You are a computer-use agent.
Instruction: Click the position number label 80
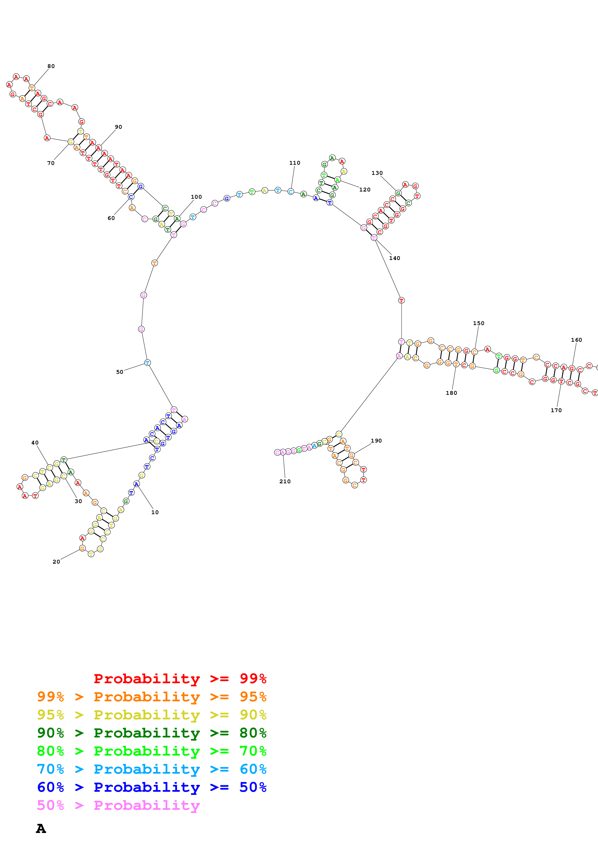pyautogui.click(x=51, y=66)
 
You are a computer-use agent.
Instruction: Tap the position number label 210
pyautogui.click(x=285, y=481)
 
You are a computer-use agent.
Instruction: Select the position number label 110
pyautogui.click(x=294, y=163)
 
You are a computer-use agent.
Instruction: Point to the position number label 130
pyautogui.click(x=377, y=173)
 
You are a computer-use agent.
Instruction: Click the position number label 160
pyautogui.click(x=576, y=340)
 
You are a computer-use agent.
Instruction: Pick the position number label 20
pyautogui.click(x=56, y=561)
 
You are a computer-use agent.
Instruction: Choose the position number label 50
pyautogui.click(x=120, y=372)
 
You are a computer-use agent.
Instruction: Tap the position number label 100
pyautogui.click(x=196, y=197)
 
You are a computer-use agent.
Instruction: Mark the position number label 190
pyautogui.click(x=376, y=441)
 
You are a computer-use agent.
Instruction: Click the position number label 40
pyautogui.click(x=35, y=443)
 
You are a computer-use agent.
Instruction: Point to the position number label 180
pyautogui.click(x=451, y=393)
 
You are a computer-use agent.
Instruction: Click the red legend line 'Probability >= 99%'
pyautogui.click(x=180, y=678)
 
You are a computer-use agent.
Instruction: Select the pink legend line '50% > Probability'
pyautogui.click(x=118, y=805)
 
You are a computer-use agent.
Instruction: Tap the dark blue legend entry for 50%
pyautogui.click(x=151, y=787)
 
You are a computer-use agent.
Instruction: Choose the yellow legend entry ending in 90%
pyautogui.click(x=151, y=715)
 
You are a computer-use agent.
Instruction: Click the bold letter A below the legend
pyautogui.click(x=41, y=829)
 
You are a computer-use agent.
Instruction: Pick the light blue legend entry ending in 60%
pyautogui.click(x=151, y=769)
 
